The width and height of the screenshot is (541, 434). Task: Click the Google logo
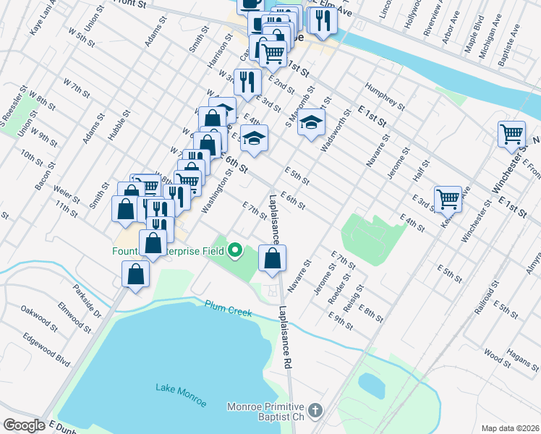24,425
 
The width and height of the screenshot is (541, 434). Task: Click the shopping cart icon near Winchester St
511,134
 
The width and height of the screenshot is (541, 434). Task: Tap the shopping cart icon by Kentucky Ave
448,197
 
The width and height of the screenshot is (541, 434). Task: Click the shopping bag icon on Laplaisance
272,258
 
